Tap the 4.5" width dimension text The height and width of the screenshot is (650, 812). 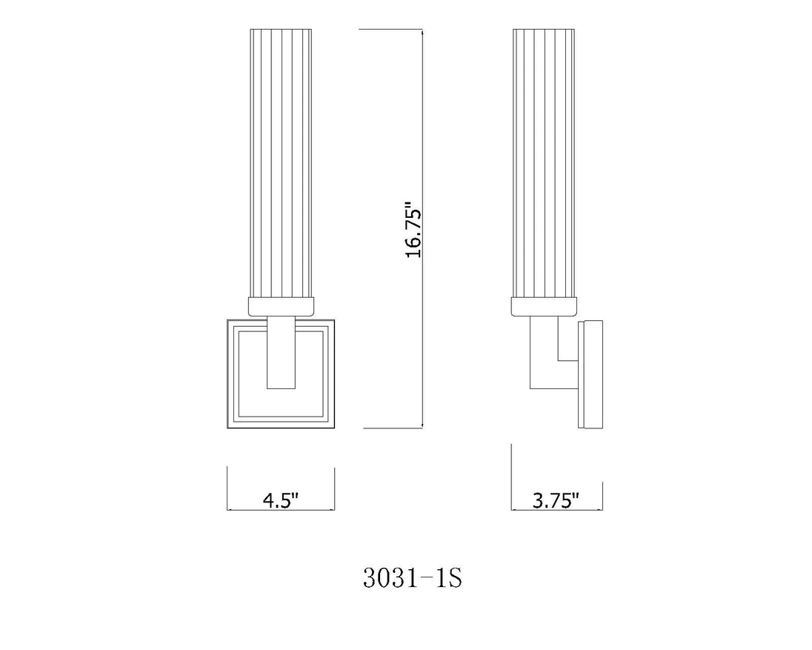tap(282, 501)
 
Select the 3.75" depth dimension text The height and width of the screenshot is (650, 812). tap(556, 501)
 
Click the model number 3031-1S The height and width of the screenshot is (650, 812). tap(412, 578)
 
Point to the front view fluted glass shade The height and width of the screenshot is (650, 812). tap(281, 163)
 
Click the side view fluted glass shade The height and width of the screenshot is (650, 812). tap(543, 163)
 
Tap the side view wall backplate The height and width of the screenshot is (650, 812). tap(590, 374)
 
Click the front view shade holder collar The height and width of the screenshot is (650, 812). tap(281, 307)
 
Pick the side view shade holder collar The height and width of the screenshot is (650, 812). tap(543, 307)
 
